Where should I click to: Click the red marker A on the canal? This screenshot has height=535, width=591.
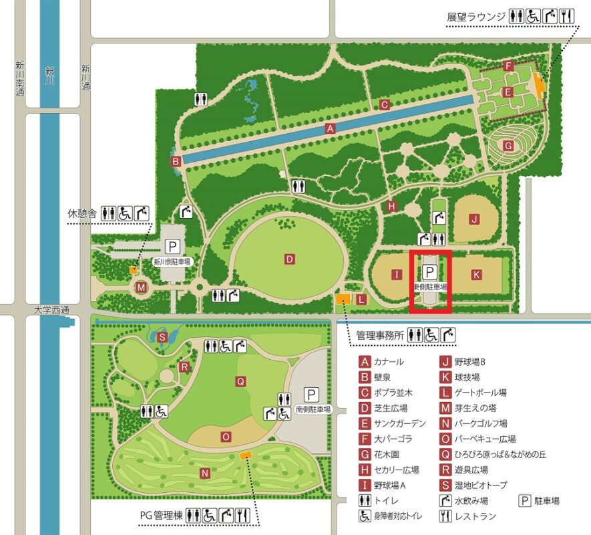pos(329,128)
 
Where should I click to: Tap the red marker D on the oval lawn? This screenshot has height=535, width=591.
pos(290,259)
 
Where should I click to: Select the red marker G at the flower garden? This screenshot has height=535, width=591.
pos(508,145)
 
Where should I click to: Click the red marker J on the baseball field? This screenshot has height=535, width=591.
pos(475,219)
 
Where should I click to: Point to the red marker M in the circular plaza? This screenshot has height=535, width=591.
pos(141,288)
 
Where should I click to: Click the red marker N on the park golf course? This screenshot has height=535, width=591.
pos(205,474)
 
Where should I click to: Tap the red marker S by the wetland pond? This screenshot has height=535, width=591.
pos(162,337)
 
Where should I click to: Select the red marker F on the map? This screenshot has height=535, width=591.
pos(508,66)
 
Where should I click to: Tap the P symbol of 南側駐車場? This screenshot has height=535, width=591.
pos(311,394)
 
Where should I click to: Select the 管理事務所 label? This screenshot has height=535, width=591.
pos(381,334)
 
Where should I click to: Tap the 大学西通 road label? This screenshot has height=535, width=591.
pos(51,310)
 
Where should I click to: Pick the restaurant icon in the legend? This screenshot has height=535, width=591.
pos(443,516)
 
